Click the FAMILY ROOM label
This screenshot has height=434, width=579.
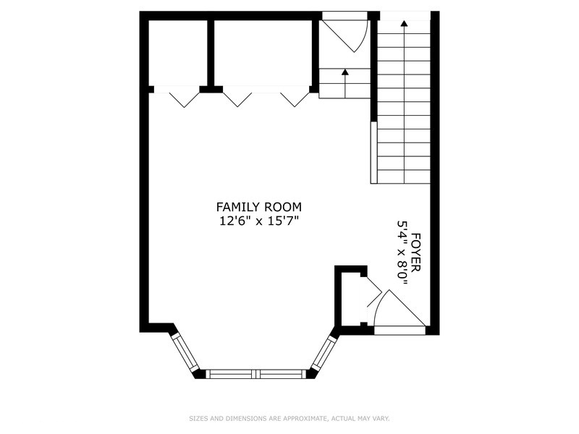pyautogui.click(x=259, y=207)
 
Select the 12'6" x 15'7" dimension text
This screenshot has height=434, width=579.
pyautogui.click(x=259, y=221)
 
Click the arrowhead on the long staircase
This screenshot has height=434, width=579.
pyautogui.click(x=404, y=23)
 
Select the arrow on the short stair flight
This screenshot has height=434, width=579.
pyautogui.click(x=345, y=72)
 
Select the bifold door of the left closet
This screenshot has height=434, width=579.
pyautogui.click(x=179, y=98)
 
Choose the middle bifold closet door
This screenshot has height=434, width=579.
pyautogui.click(x=237, y=98)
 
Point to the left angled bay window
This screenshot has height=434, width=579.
pyautogui.click(x=185, y=352)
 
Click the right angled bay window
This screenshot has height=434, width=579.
pyautogui.click(x=323, y=352)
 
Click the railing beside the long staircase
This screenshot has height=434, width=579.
pyautogui.click(x=373, y=152)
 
